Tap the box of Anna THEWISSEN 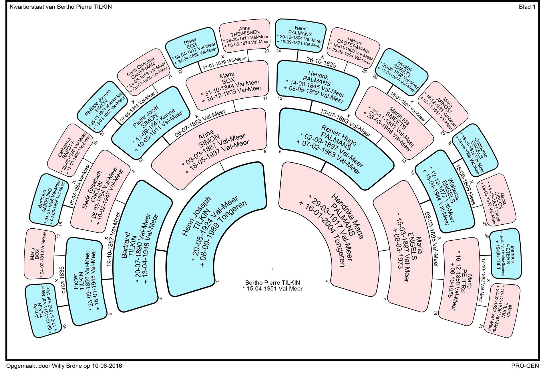[x=245, y=36]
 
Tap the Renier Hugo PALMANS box [x=337, y=149]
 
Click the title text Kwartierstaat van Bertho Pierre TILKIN [x=61, y=7]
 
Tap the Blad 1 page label [x=527, y=7]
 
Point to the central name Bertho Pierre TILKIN [x=272, y=283]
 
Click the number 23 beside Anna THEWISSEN [x=267, y=51]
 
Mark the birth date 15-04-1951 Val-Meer [x=272, y=289]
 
